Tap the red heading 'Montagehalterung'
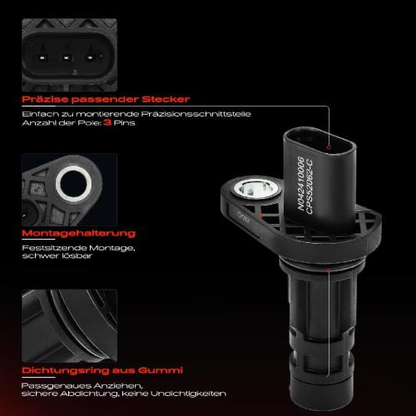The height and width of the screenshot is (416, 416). (x=80, y=234)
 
